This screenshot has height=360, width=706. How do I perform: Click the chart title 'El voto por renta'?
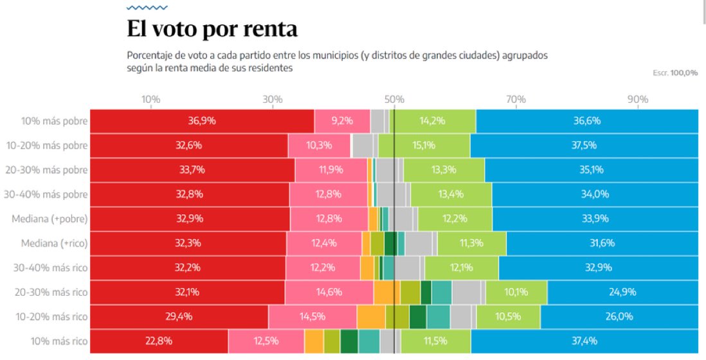pos(212,30)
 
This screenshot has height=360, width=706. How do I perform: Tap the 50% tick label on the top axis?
pos(394,100)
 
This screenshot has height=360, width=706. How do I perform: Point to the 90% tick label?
pos(637,100)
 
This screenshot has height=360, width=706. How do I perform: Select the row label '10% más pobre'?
pos(55,121)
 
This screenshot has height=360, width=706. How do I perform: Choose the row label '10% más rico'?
pos(58,341)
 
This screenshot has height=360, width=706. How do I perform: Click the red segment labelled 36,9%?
pos(201,121)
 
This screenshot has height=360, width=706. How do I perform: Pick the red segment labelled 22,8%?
pos(159,341)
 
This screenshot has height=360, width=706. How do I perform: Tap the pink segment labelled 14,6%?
pos(329,292)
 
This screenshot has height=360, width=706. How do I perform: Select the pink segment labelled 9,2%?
pos(342,121)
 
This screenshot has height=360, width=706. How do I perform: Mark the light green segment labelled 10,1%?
pos(516,292)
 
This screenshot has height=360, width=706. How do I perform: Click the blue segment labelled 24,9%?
pos(622,292)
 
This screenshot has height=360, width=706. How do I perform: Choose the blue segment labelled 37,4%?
pos(584,341)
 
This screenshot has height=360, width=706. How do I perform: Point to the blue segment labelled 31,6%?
pos(602,244)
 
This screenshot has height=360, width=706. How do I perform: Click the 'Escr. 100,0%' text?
pos(674,73)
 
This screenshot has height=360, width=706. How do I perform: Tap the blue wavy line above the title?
pos(147,8)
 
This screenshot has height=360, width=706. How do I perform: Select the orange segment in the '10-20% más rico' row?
pos(371,317)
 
